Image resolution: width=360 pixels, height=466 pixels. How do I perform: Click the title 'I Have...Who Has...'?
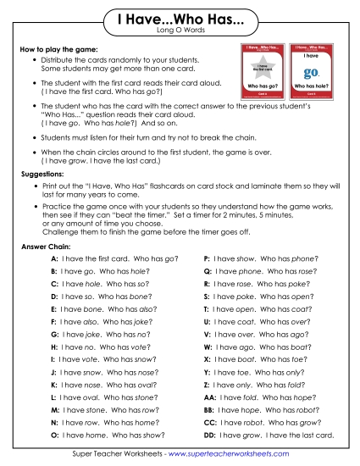coord(180,19)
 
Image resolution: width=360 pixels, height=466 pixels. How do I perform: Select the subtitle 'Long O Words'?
coord(180,32)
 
